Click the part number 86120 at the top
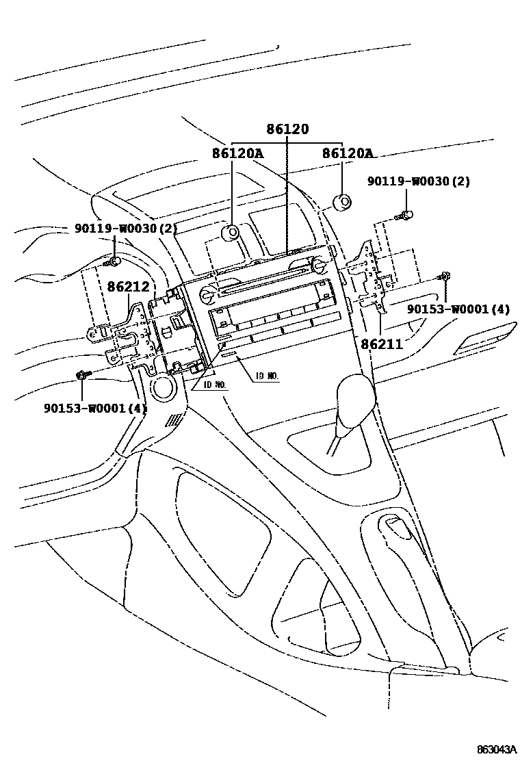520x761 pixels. tap(287, 129)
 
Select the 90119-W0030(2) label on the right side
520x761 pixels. tap(419, 181)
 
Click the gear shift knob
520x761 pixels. tap(355, 396)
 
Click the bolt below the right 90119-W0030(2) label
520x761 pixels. tap(406, 216)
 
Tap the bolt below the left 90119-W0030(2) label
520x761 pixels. tap(113, 261)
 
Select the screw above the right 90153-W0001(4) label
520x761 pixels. tap(445, 276)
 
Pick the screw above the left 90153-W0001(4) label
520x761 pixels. tap(81, 374)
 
